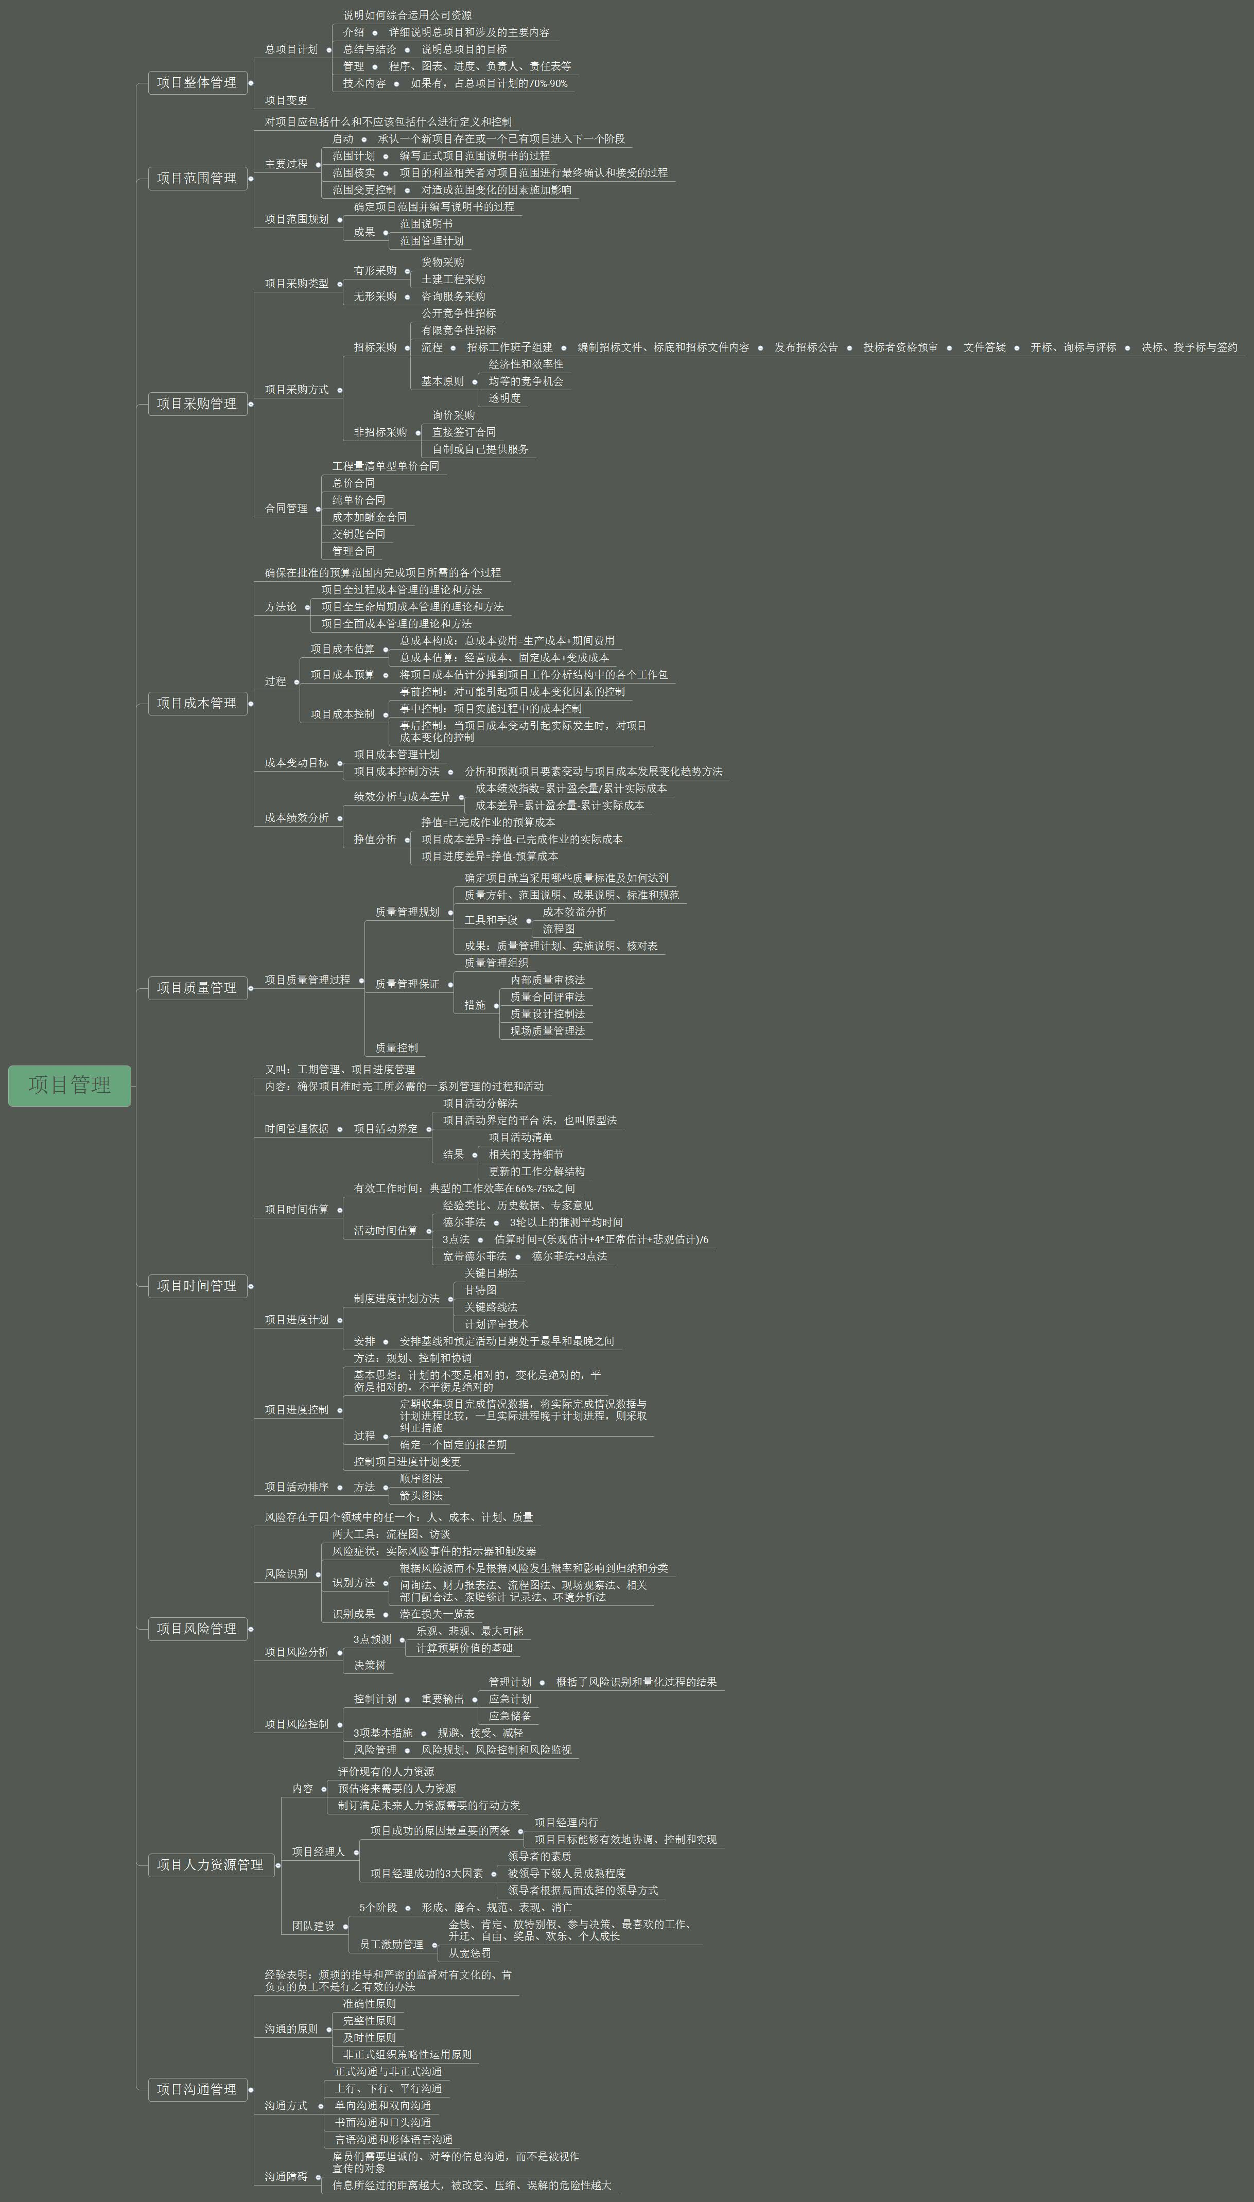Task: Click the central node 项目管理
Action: pos(69,1085)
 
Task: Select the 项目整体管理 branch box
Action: pos(196,83)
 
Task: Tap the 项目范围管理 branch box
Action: pos(196,178)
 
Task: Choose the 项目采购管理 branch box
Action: pos(196,404)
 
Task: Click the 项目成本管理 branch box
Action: pos(196,704)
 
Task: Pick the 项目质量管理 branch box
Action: pos(196,988)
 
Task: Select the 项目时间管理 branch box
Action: pos(196,1286)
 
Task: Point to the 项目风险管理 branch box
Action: pos(196,1629)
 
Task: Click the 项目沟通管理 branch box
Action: pos(196,2089)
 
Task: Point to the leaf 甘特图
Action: pos(481,1290)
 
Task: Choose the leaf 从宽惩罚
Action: pos(469,1953)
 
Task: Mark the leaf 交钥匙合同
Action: pos(358,534)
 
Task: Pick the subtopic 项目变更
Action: pos(286,100)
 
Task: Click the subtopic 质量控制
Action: pos(396,1048)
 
